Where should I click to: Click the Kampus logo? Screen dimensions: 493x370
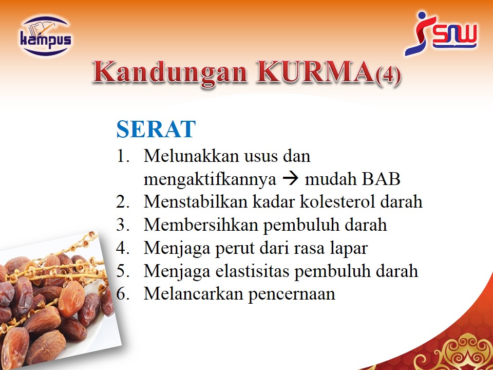[x=46, y=36]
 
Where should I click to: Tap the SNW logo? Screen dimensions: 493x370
[x=441, y=33]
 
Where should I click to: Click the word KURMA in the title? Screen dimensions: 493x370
[x=315, y=72]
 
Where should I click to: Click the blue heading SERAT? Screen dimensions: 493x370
[x=156, y=129]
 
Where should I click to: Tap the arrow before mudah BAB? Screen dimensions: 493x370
[x=290, y=179]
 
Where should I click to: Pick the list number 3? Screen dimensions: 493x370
[x=122, y=225]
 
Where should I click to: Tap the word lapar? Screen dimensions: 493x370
[x=349, y=249]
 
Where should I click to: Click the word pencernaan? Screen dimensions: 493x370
[x=292, y=294]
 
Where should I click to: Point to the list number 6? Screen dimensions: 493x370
[x=122, y=294]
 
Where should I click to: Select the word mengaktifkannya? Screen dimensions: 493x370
[x=210, y=179]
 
